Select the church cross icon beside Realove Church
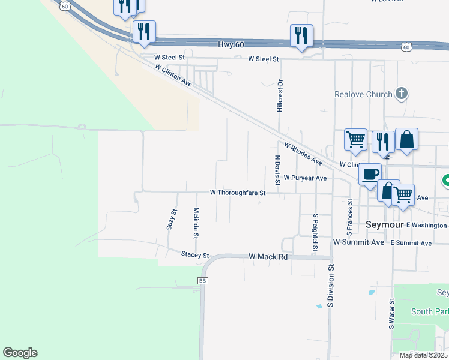pos(402,94)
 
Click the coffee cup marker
pos(370,174)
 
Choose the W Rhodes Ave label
pos(303,154)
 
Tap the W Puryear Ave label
pos(305,178)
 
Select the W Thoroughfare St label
pos(237,193)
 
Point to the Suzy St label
pos(173,220)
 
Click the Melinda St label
pos(196,223)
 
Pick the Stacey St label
pos(194,254)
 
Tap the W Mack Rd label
pos(268,256)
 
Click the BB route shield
pos(202,280)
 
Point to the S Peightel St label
pos(315,232)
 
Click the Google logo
pos(20,353)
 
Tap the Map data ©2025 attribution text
pos(423,355)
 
